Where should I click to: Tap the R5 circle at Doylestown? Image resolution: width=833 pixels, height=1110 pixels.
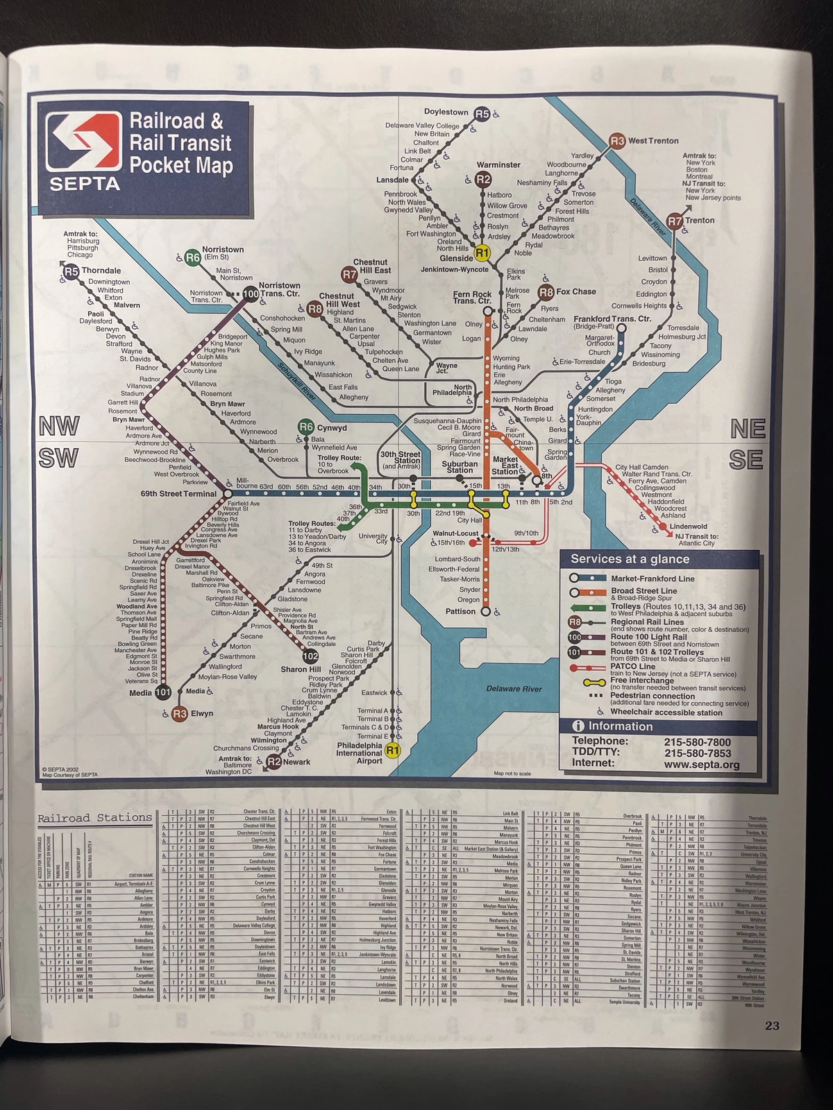coord(482,114)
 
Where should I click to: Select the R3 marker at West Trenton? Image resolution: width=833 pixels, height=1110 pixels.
coord(617,141)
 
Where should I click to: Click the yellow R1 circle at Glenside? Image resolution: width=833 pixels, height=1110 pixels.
coord(482,253)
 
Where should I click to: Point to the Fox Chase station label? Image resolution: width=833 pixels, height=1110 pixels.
coord(575,291)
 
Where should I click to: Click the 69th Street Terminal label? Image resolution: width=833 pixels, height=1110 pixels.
coord(179,494)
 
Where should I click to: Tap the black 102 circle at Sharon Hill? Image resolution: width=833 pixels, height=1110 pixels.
coord(310,656)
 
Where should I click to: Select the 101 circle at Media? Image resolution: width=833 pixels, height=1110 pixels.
coord(163,692)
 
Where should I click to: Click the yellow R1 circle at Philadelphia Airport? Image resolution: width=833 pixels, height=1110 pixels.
coord(393,751)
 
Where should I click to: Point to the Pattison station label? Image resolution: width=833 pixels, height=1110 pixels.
coord(460,611)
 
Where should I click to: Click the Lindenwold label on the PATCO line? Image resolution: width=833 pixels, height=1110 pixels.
coord(689,527)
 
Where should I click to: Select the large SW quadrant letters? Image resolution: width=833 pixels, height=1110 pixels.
coord(58,459)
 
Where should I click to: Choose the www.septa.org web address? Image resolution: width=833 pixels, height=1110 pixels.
coord(701,765)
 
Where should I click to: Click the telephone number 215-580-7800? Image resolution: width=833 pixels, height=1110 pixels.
coord(697,742)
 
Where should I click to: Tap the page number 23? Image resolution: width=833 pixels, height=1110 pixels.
coord(773,1026)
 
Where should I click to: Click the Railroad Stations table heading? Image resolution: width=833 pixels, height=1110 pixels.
coord(94,818)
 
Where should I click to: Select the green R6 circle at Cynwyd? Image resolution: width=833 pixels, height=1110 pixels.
coord(306,427)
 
